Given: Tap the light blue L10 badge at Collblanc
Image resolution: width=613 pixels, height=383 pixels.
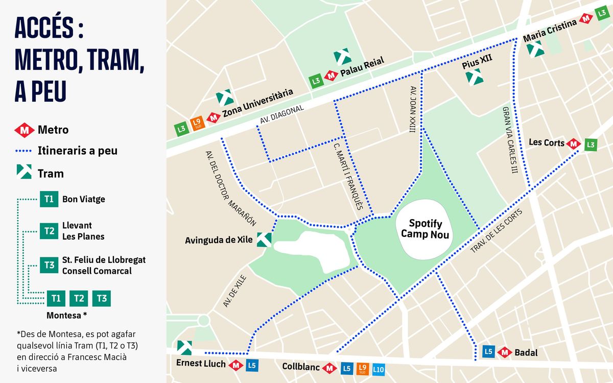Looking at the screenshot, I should point(379,368).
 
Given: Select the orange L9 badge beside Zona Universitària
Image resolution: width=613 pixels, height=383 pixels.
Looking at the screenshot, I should point(197,123).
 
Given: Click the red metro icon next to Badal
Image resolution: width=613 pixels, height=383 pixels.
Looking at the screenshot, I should point(505,352).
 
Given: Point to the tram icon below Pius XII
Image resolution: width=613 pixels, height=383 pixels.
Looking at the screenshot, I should point(474,77).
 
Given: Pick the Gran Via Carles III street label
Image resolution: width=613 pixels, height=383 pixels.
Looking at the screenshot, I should point(510,140).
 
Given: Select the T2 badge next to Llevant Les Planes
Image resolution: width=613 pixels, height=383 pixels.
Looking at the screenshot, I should point(49,231).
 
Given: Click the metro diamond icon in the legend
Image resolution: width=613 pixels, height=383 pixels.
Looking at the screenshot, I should point(24,130).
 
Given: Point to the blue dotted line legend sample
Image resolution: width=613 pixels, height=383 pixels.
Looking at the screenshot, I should point(24,151).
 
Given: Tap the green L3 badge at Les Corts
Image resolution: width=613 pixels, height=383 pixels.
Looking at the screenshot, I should point(591,145).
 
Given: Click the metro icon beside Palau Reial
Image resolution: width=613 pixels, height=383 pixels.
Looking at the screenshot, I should point(331,76).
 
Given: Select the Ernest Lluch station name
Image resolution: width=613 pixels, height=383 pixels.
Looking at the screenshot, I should point(201,364).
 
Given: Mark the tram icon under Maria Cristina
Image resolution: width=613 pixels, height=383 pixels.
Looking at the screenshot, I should point(535,49).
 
